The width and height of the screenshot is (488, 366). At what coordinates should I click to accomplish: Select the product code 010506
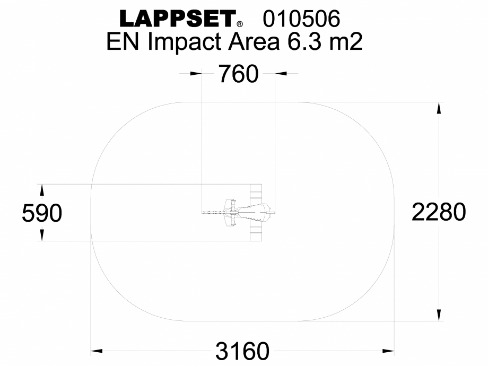[x=301, y=19]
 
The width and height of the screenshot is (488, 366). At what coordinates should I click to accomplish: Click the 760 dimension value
[x=238, y=74]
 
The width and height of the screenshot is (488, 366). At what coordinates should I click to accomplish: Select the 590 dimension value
[x=42, y=213]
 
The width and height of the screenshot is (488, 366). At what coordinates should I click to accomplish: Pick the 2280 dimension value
[x=439, y=213]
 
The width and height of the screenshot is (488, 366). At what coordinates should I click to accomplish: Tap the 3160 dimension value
[x=242, y=351]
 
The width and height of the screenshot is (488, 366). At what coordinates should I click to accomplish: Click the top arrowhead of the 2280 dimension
[x=439, y=107]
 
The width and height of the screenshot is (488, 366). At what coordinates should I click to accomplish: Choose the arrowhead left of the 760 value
[x=196, y=74]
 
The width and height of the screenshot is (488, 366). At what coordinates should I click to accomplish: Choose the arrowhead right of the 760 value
[x=281, y=74]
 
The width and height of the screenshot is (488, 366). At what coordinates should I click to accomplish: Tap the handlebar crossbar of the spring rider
[x=231, y=213]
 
